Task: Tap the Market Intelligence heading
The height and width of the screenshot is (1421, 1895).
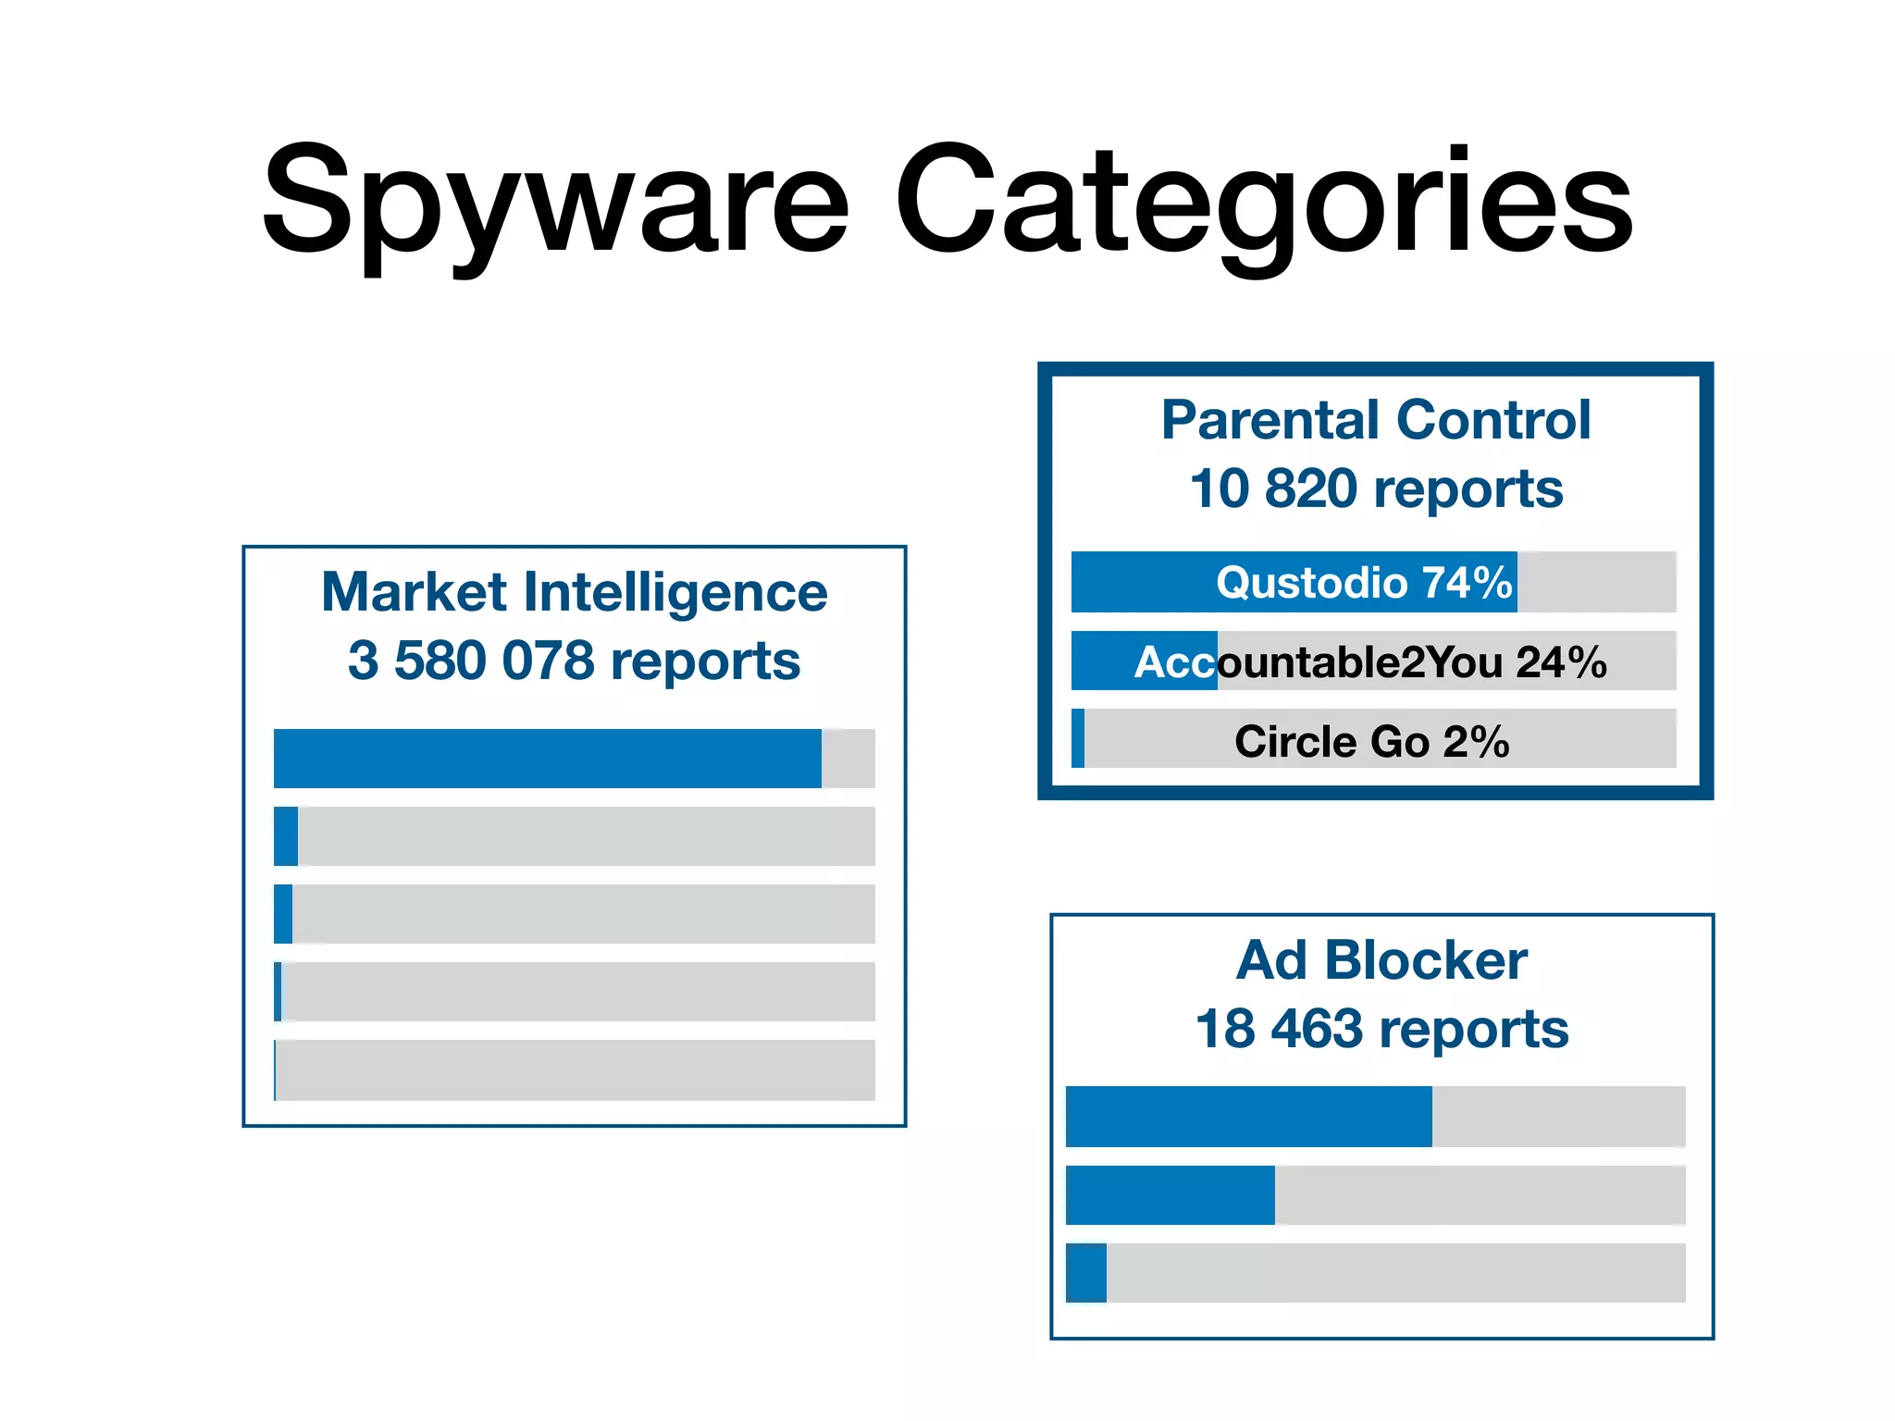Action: [x=574, y=592]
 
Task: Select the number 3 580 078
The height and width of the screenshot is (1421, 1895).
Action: [x=470, y=661]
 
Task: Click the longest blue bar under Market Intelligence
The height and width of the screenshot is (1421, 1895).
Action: [x=547, y=759]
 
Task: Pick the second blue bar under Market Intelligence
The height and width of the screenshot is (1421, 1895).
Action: [x=286, y=836]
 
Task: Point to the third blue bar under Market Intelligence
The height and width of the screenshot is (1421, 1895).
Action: [x=283, y=914]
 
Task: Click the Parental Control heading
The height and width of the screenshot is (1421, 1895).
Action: [x=1376, y=420]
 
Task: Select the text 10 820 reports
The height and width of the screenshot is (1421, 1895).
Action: [x=1376, y=488]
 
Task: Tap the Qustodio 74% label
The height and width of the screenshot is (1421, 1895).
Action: [x=1364, y=583]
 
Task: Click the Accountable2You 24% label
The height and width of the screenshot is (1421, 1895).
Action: [x=1370, y=661]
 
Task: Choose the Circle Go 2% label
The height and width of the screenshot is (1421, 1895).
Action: [x=1371, y=741]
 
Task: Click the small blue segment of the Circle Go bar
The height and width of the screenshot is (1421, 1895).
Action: [x=1078, y=738]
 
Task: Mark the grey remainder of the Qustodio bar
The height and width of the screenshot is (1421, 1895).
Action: [x=1596, y=582]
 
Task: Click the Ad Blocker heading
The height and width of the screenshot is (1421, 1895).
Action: [x=1381, y=960]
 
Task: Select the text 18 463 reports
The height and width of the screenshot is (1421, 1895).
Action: [x=1381, y=1029]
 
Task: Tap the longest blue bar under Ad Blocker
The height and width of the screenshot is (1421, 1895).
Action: [x=1248, y=1117]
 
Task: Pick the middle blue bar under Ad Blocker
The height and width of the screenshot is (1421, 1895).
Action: [x=1170, y=1195]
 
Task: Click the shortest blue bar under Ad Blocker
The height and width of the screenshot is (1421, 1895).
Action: [x=1086, y=1273]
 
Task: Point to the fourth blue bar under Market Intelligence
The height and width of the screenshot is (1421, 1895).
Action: [x=278, y=992]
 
